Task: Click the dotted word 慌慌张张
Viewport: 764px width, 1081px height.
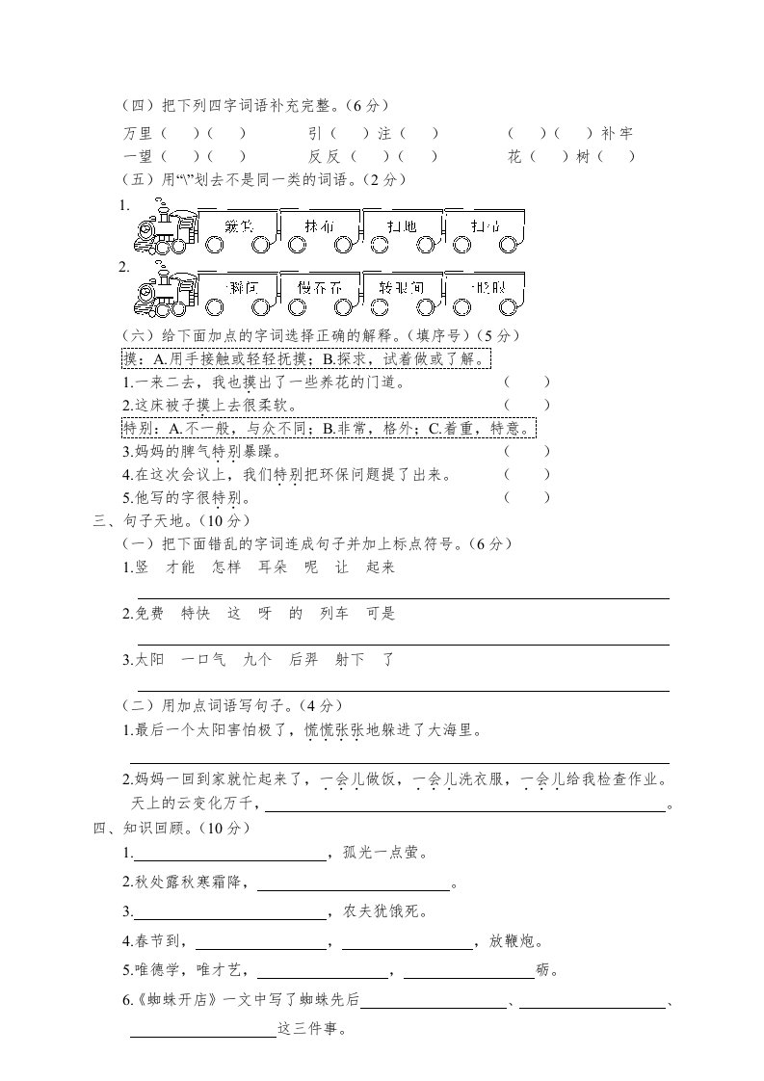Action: coord(333,730)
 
